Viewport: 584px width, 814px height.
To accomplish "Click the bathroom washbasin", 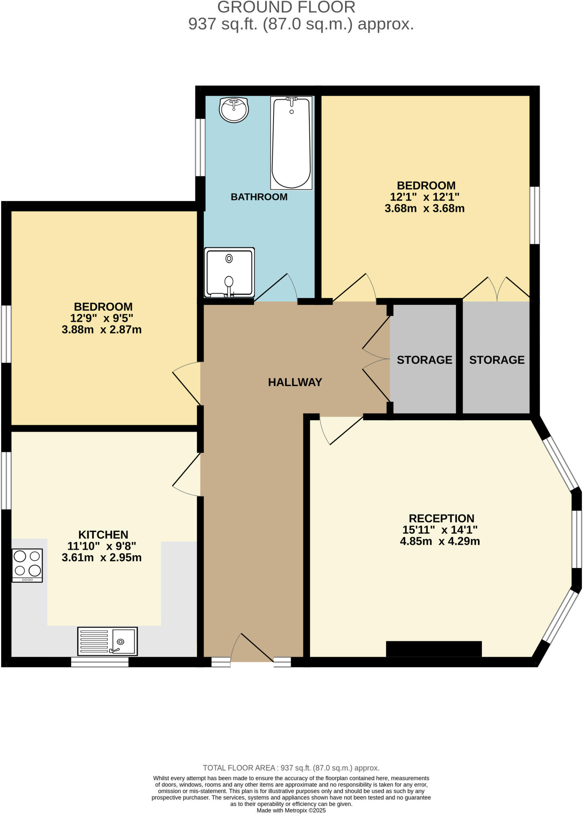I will click(234, 109).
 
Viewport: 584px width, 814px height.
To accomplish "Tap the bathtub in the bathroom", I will click(291, 143).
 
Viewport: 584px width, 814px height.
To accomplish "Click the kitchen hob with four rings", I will click(27, 565).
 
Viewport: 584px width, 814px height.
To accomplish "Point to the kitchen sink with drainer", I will click(107, 641).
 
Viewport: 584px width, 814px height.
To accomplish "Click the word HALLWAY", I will click(295, 382).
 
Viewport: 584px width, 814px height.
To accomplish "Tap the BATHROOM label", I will click(259, 197).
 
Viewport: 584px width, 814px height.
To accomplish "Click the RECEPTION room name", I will click(441, 518).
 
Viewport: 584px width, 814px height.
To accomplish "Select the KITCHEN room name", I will click(103, 535).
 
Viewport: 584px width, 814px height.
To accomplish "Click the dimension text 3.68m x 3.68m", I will click(424, 208).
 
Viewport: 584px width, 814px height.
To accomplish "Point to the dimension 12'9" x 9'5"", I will click(101, 318).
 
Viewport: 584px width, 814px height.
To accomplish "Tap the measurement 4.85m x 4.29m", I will click(440, 541).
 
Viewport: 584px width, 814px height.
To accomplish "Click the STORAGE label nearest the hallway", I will click(424, 360).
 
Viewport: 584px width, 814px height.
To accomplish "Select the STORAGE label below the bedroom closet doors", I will click(497, 360).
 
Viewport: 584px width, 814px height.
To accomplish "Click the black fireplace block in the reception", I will click(434, 649).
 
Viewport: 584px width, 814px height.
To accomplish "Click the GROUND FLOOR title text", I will click(286, 7).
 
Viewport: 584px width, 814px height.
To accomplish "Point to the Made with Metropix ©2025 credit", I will click(291, 810).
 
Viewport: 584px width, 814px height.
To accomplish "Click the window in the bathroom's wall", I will click(200, 147).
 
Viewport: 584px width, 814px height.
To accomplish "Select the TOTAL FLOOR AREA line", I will click(291, 768).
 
